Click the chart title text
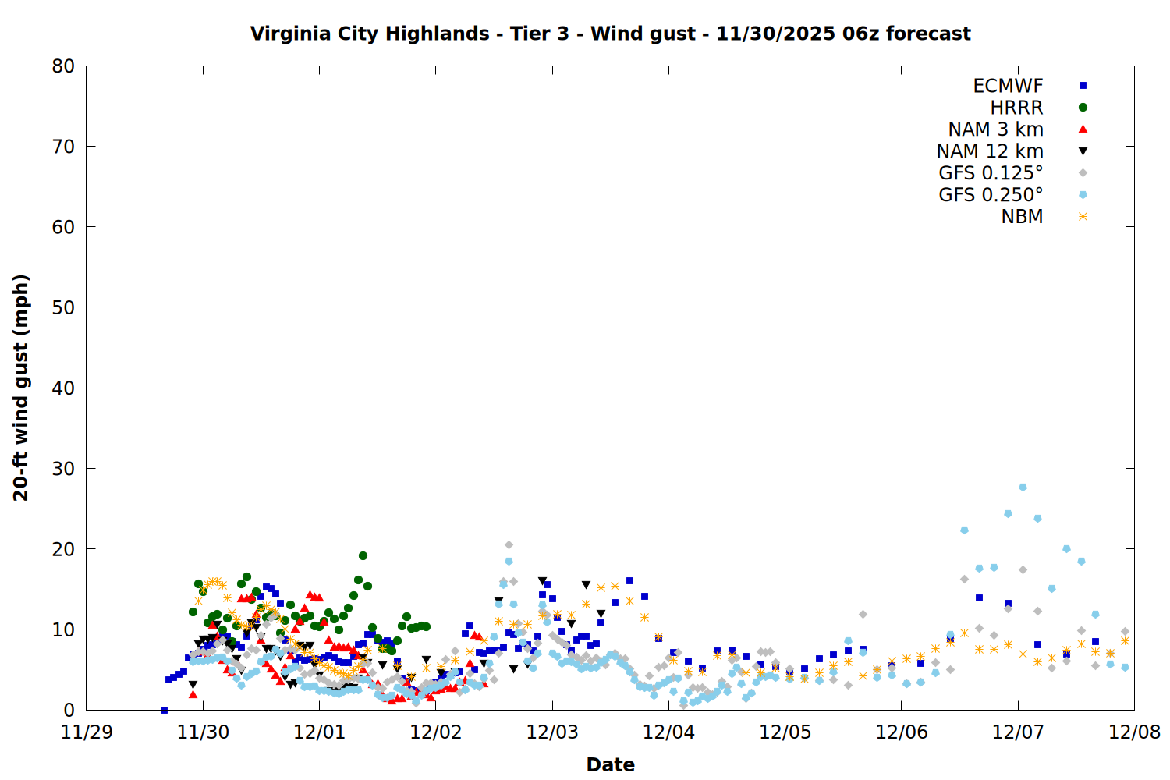(x=610, y=34)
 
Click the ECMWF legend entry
(x=1008, y=86)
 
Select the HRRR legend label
(x=1016, y=108)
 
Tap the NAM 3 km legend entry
(x=995, y=129)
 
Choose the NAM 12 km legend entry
(x=990, y=151)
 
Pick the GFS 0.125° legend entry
(x=991, y=173)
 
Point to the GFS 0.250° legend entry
(x=991, y=195)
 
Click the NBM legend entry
(x=1022, y=217)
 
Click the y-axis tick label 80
(x=63, y=66)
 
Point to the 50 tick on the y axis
(x=63, y=307)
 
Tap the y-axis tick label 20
(x=63, y=549)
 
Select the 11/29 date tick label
(x=87, y=732)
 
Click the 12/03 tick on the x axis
(x=552, y=732)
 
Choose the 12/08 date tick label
(x=1134, y=732)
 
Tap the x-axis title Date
(x=610, y=764)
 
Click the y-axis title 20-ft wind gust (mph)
(x=21, y=388)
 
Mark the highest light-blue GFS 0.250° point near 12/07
(x=1023, y=487)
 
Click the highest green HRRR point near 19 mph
(x=363, y=555)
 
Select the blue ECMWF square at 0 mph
(x=164, y=710)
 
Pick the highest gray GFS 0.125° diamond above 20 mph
(x=509, y=544)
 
